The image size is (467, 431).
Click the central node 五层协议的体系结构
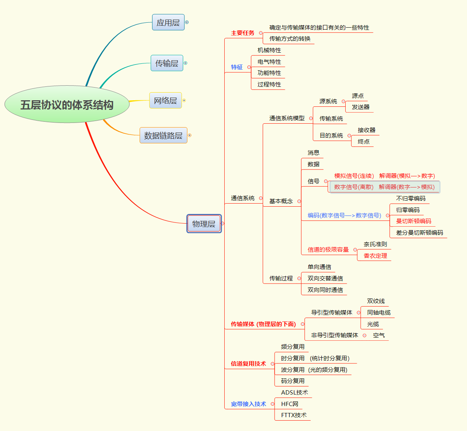[x=67, y=104]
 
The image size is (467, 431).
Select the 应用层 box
[x=168, y=23]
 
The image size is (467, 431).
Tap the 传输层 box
[x=167, y=63]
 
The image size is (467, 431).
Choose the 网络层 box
[x=165, y=101]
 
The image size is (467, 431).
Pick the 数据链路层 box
[x=163, y=136]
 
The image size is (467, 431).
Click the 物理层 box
[x=204, y=224]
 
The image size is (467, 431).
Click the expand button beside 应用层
[x=187, y=22]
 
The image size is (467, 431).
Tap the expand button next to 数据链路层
[x=189, y=135]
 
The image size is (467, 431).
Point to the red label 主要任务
[x=242, y=33]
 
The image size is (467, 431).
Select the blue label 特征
[x=237, y=67]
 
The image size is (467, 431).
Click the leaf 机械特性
[x=269, y=50]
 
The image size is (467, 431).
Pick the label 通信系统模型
[x=287, y=118]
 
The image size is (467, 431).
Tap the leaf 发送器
[x=361, y=107]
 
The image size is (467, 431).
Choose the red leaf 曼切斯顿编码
[x=414, y=221]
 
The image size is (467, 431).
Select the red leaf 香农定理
[x=375, y=256]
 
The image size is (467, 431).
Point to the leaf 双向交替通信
[x=325, y=278]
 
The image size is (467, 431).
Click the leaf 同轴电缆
[x=379, y=313]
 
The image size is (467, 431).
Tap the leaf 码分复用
[x=293, y=381]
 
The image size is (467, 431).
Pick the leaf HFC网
[x=290, y=404]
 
